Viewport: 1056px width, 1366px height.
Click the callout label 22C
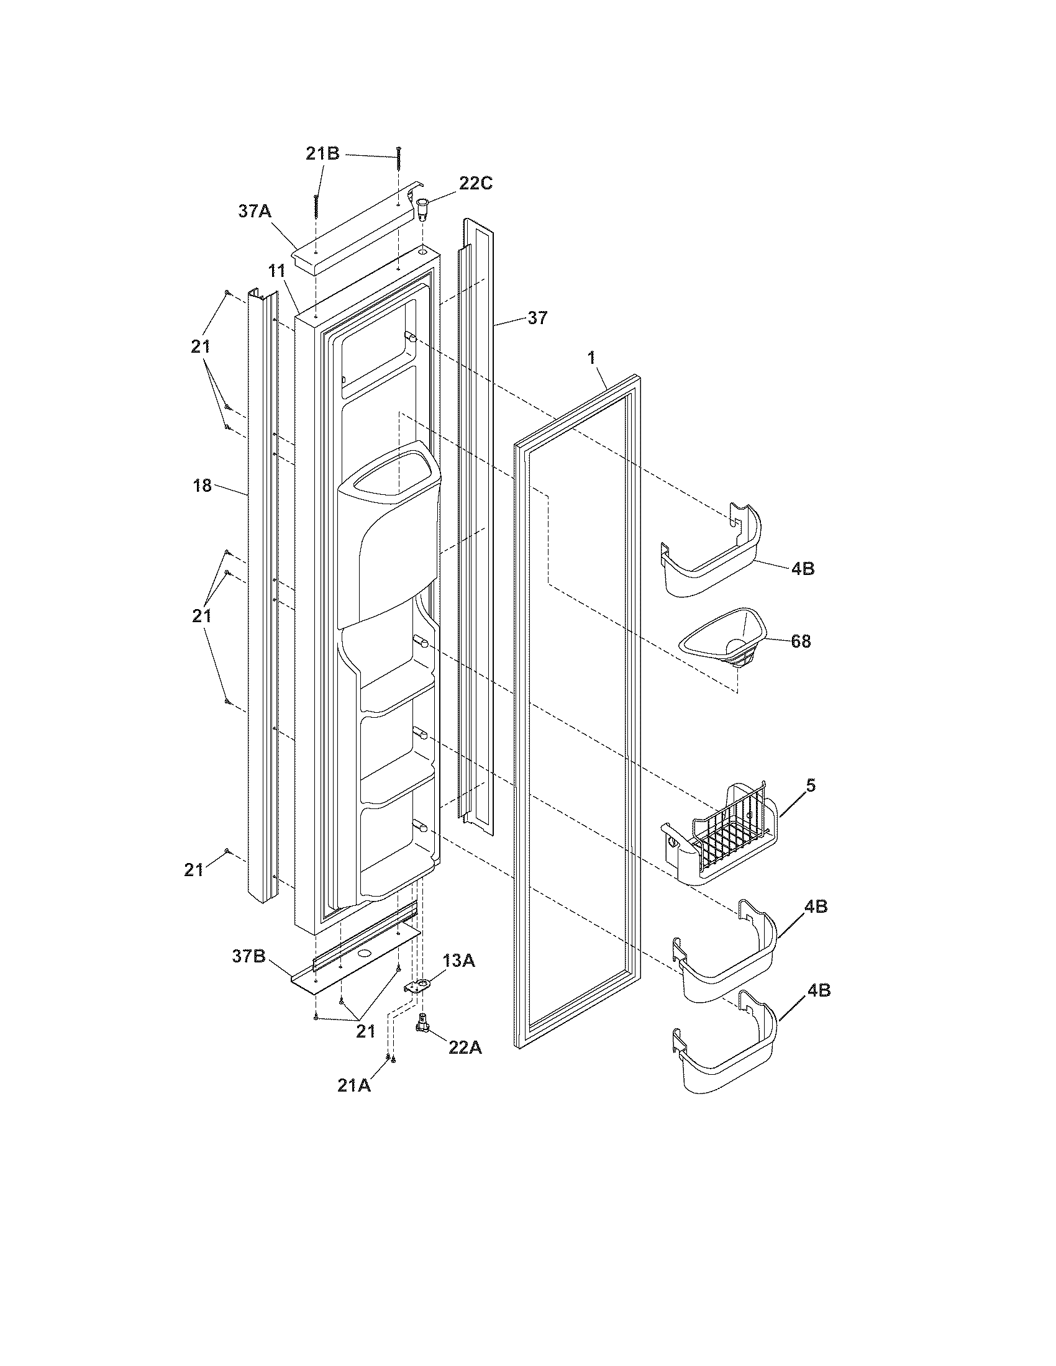point(476,183)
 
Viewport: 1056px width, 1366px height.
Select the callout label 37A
point(255,211)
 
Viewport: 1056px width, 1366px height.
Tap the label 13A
point(458,960)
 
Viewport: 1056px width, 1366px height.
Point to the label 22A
point(465,1047)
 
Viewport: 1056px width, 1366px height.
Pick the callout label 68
point(801,641)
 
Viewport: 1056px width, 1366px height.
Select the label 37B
point(249,956)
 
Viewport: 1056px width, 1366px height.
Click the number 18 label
point(203,486)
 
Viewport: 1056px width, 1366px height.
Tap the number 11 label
point(277,271)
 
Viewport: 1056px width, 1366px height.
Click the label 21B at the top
point(322,154)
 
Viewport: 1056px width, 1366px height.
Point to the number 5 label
point(811,785)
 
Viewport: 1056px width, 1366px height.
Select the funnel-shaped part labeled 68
point(722,645)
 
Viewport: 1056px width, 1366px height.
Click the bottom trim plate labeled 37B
point(357,966)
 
